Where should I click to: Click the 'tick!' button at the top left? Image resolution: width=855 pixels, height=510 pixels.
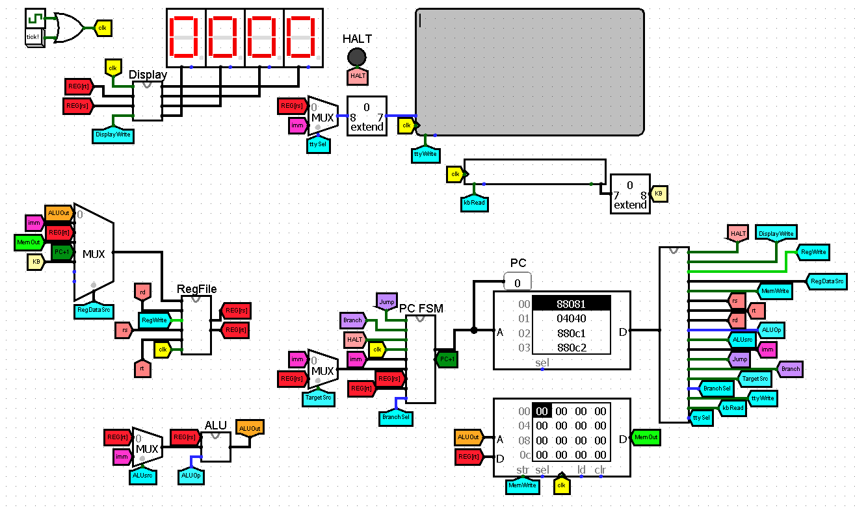pos(33,37)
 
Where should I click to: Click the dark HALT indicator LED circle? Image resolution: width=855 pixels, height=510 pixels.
pos(356,57)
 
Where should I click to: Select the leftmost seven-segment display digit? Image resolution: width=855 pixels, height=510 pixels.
pos(186,37)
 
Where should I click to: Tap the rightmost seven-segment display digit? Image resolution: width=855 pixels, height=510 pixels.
pos(304,37)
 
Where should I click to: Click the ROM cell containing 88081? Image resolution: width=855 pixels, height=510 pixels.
pos(571,303)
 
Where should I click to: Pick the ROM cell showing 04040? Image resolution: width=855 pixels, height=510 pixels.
pos(571,318)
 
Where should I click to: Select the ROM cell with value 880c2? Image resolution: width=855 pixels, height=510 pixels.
pos(571,348)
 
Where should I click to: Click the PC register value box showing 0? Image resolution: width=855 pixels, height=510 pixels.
pos(518,283)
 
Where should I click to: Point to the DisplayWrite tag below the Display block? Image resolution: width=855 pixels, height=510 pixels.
pos(113,135)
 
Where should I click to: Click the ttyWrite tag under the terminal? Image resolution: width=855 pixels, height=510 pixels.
pos(425,155)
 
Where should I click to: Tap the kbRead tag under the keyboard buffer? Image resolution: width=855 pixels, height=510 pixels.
pos(474,202)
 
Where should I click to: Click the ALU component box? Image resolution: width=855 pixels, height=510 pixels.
pos(216,446)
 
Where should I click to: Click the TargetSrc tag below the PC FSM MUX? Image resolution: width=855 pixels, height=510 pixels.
pos(318,397)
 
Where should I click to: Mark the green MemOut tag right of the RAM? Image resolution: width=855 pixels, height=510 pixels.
pos(646,438)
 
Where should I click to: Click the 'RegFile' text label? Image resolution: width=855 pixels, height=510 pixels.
pos(197,289)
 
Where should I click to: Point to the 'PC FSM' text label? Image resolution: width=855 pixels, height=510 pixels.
pos(421,309)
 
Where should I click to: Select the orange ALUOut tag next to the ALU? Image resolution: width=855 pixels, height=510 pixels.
pos(249,427)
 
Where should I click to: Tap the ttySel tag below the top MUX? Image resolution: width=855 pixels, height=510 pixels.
pos(318,145)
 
